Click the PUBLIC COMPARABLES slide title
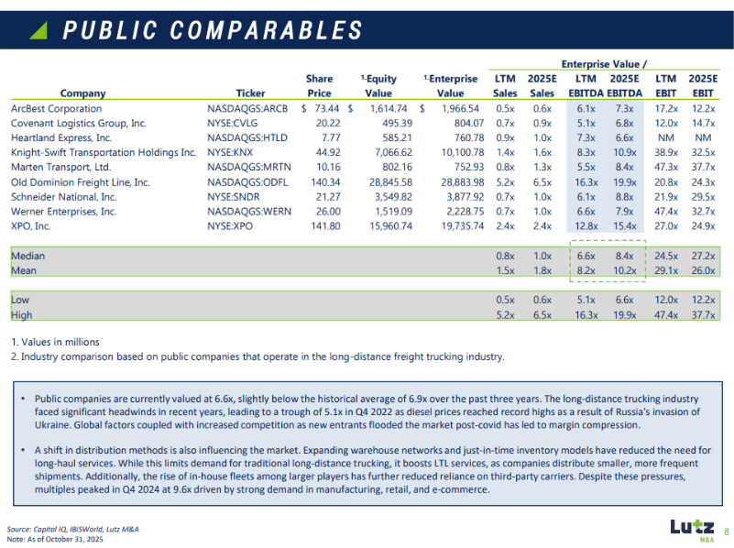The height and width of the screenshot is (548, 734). (x=213, y=30)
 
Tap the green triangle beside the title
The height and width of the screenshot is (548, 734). (x=38, y=31)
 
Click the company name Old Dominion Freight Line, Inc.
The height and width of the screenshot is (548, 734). (x=81, y=182)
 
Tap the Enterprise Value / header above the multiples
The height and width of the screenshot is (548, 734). (x=604, y=64)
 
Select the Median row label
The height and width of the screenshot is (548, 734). (x=27, y=257)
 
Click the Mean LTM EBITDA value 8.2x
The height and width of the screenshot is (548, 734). (x=586, y=271)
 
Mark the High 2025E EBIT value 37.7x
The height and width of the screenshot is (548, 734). (x=703, y=315)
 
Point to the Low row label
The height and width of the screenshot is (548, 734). (x=20, y=300)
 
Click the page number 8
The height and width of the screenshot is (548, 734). (x=725, y=531)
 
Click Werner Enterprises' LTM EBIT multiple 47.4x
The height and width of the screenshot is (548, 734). (x=666, y=212)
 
